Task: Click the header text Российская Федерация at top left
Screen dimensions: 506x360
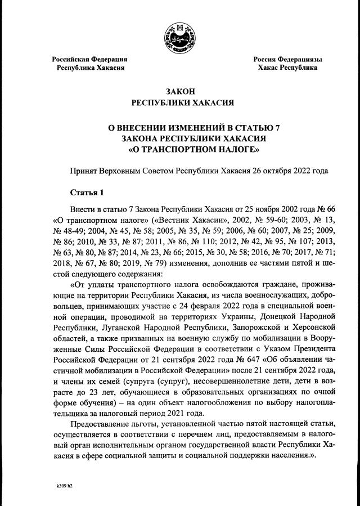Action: click(x=90, y=59)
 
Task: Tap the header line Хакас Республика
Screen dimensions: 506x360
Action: click(x=287, y=68)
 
